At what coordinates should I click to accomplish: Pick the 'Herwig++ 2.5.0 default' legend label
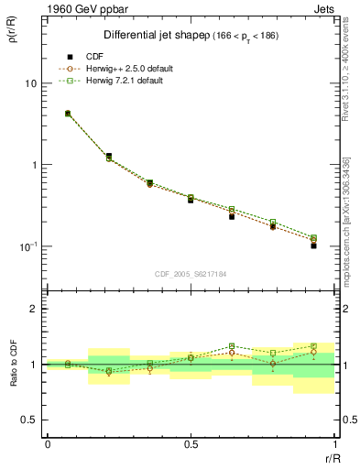coord(126,69)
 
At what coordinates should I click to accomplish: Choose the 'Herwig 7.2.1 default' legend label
coord(125,81)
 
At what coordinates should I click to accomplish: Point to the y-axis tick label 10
coord(29,83)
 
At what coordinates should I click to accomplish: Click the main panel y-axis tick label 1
coord(33,165)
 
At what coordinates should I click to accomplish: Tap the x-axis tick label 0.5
coord(191,445)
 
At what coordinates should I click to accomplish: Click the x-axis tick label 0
coord(48,445)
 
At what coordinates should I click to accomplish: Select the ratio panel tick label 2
coord(33,310)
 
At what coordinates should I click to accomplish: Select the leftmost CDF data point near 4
coord(68,114)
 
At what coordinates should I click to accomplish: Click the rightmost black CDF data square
coord(313,245)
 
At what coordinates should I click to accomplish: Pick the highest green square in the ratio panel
coord(232,346)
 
